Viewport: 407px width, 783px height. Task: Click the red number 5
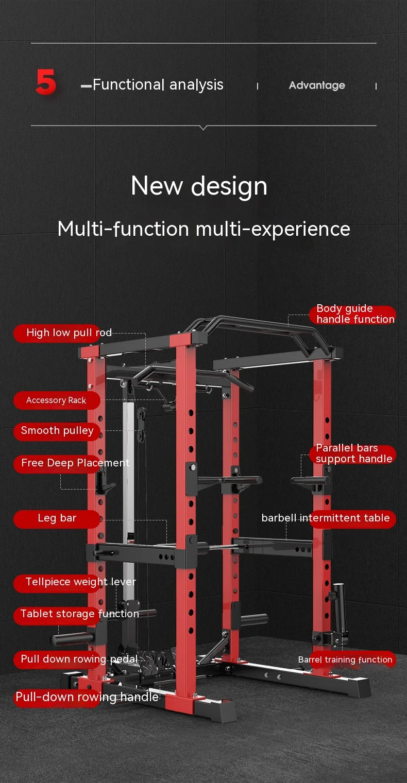[46, 82]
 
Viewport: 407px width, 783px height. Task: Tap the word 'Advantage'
[317, 85]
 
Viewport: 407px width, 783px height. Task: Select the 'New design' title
[199, 186]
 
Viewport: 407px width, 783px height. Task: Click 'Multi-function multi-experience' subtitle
[203, 229]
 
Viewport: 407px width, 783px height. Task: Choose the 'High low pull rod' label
[69, 333]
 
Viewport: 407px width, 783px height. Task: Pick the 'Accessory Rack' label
[56, 400]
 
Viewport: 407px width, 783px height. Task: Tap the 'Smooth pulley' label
[57, 431]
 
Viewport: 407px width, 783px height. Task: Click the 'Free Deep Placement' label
[75, 463]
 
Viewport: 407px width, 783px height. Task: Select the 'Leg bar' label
[57, 518]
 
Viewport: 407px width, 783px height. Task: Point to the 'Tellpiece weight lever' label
[80, 582]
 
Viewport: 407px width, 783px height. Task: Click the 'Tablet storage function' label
[79, 614]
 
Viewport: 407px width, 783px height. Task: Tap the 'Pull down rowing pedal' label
[79, 659]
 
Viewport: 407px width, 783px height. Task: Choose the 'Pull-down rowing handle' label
[87, 697]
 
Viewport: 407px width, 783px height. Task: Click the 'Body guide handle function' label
[355, 314]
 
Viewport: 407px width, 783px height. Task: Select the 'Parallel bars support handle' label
[354, 454]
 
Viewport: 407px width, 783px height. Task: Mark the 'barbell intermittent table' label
[326, 518]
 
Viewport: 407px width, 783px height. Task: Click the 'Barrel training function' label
[345, 659]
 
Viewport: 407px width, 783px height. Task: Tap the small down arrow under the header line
[203, 128]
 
